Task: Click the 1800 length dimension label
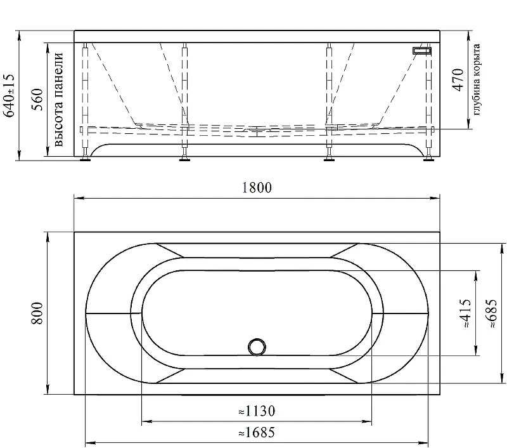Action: click(x=257, y=187)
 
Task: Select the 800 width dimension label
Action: click(x=37, y=313)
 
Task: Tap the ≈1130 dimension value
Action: click(x=257, y=411)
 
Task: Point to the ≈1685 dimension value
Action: click(x=257, y=432)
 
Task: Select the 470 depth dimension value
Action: click(x=458, y=79)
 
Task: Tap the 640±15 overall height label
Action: click(x=9, y=95)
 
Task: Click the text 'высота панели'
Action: click(x=58, y=100)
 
